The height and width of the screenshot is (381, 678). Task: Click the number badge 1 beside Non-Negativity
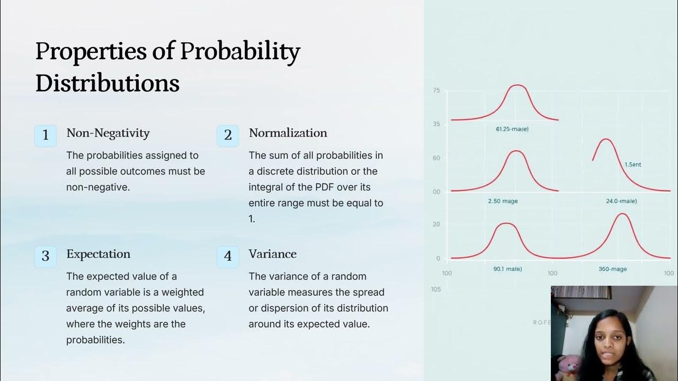coord(46,135)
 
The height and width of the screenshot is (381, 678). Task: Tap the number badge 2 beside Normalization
coord(228,135)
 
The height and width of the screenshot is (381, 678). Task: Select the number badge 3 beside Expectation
coord(46,257)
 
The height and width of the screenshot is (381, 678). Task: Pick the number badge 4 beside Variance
coord(228,257)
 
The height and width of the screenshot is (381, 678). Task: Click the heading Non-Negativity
coord(108,133)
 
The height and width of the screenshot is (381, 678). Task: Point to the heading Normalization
coord(288,133)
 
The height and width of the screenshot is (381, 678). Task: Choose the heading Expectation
coord(98,254)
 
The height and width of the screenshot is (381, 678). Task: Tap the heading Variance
coord(272,254)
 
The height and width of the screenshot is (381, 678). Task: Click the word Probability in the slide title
coord(240,52)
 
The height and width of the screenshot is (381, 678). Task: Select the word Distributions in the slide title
coord(107,84)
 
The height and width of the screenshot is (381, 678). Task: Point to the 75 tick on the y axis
coord(436,91)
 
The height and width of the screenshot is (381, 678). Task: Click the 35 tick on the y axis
coord(436,124)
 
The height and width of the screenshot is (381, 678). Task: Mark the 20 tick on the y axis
coord(436,224)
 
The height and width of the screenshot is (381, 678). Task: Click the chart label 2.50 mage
coord(503,201)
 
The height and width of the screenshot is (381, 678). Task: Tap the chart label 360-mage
coord(612,269)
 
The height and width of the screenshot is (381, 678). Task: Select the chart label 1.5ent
coord(632,165)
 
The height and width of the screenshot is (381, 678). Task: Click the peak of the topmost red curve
coord(518,85)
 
